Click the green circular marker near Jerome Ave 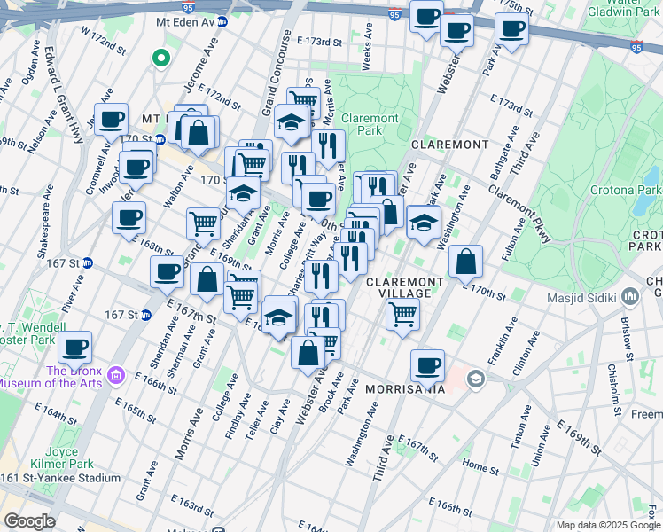coord(160,59)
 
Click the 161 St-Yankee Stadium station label coord(60,478)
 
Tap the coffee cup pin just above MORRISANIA coord(428,364)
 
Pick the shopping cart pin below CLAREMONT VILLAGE coord(403,314)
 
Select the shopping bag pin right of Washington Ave coord(465,262)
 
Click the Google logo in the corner coord(28,521)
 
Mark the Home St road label coord(480,465)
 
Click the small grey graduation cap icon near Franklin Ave coord(476,379)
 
